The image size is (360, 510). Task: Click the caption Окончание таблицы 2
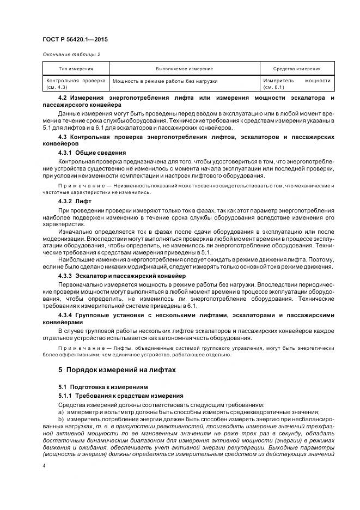[71, 54]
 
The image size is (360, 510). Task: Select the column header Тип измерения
[76, 69]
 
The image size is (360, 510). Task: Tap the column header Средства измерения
[296, 69]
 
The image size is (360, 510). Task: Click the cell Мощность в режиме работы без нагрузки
[164, 81]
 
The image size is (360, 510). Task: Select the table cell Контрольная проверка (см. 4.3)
[76, 83]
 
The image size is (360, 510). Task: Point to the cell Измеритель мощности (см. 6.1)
[296, 83]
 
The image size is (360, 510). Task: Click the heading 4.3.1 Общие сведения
[91, 153]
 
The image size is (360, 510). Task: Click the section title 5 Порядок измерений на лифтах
[117, 369]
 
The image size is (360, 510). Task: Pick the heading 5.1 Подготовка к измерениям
[96, 387]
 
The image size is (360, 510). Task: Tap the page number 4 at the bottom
[44, 466]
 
